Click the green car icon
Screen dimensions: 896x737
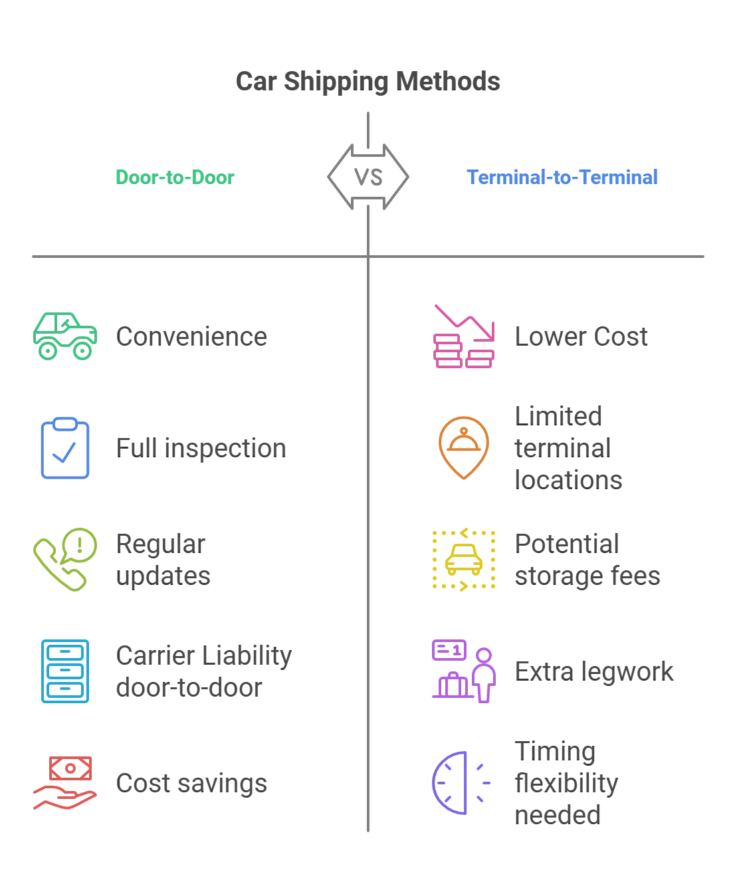coord(66,336)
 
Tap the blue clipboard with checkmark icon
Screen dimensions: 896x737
coord(64,448)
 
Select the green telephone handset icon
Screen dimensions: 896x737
coord(65,560)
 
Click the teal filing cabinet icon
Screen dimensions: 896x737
coord(64,671)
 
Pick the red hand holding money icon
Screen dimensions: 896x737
coord(65,783)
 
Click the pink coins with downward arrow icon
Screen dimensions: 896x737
coord(463,337)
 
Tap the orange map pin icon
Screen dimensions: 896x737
coord(463,448)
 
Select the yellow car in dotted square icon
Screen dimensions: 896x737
coord(464,559)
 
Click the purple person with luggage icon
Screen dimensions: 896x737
coord(464,671)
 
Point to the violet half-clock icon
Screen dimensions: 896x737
coord(461,783)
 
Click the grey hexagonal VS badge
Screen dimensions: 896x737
coord(368,177)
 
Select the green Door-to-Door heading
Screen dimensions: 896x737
coord(175,177)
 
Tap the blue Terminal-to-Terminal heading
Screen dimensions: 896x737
coord(562,177)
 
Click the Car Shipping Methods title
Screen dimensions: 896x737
coord(369,80)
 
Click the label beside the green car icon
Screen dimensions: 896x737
coord(193,336)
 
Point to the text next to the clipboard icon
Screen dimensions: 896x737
coord(201,448)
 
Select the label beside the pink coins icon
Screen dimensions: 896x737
coord(581,336)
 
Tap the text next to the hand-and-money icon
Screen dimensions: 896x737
coord(193,783)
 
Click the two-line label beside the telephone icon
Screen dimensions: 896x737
coord(163,560)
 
